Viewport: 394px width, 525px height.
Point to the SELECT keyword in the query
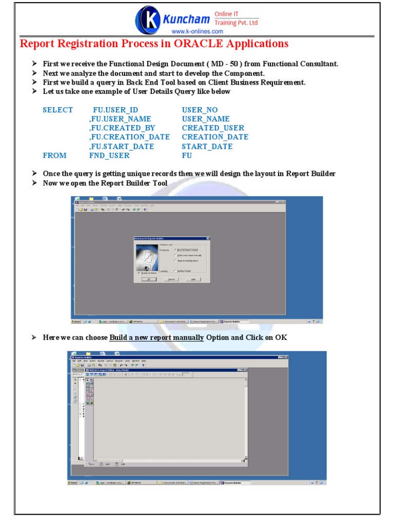(x=58, y=110)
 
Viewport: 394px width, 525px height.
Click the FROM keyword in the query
(x=54, y=155)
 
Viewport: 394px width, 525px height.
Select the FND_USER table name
(x=109, y=155)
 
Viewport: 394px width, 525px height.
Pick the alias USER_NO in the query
(x=200, y=110)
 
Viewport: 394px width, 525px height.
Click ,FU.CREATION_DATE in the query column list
(x=129, y=137)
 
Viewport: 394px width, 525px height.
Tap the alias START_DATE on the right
(x=207, y=146)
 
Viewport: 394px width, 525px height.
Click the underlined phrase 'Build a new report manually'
(x=156, y=337)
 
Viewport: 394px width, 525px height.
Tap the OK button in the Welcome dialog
(x=149, y=279)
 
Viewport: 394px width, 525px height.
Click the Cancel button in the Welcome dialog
(x=171, y=279)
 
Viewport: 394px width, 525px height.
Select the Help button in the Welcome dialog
(x=193, y=279)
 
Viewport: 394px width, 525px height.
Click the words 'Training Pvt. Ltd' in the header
(x=236, y=23)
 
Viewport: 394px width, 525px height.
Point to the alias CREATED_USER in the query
(x=213, y=128)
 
